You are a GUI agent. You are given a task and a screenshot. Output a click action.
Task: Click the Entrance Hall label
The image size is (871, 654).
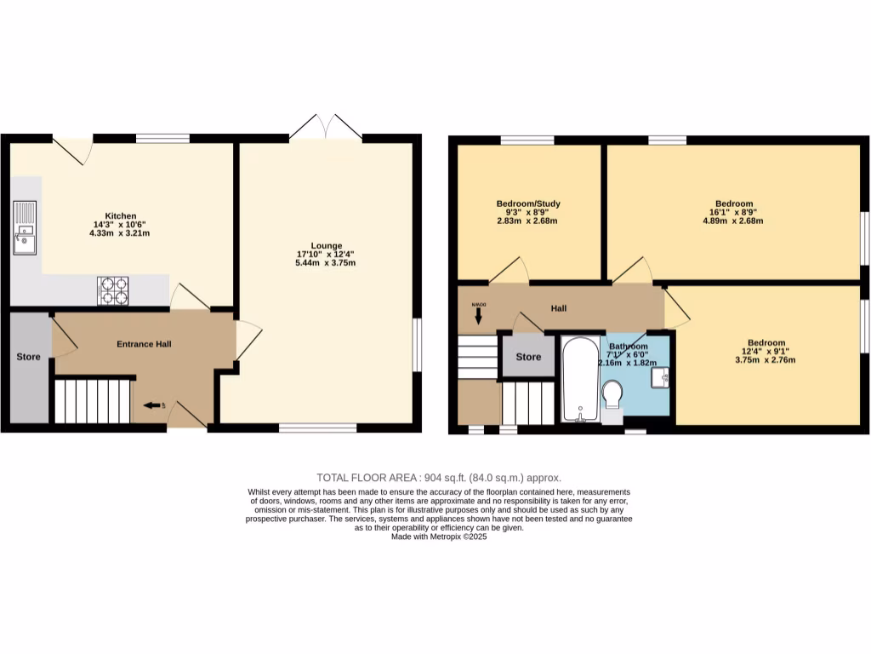[144, 344]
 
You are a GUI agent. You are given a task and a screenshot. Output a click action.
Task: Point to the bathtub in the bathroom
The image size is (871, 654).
[581, 378]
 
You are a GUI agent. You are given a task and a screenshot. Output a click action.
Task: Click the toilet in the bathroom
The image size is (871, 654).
[612, 395]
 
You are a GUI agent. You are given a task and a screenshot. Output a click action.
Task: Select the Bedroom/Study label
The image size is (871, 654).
[528, 204]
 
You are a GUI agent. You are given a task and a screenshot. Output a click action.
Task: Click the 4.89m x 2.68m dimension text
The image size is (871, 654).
[732, 221]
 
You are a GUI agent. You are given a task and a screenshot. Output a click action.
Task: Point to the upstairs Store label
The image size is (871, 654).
[528, 357]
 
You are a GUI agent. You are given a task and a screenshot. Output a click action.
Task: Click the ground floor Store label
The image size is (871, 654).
[29, 357]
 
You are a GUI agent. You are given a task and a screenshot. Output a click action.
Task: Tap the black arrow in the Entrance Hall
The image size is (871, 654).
[153, 406]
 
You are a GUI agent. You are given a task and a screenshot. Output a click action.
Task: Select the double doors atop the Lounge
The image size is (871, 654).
[326, 126]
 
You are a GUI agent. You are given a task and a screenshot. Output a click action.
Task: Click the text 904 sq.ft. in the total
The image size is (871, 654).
[446, 478]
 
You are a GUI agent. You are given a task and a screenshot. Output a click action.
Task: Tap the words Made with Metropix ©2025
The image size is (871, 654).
[439, 536]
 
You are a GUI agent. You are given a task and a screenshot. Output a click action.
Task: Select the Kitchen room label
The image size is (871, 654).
[121, 215]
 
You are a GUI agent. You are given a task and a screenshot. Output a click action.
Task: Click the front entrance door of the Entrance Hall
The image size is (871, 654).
[186, 416]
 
